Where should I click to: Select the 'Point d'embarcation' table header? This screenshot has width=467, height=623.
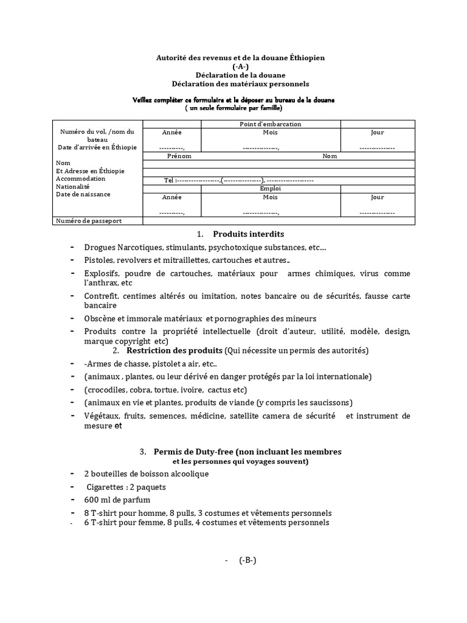(x=271, y=124)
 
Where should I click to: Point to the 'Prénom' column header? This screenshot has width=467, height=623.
(x=179, y=156)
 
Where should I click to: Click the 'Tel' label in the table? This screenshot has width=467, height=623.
(x=168, y=181)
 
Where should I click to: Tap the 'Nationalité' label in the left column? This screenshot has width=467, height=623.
(x=72, y=187)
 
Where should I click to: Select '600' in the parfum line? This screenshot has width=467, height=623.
(x=91, y=500)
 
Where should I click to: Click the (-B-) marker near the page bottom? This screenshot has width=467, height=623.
(x=247, y=560)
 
